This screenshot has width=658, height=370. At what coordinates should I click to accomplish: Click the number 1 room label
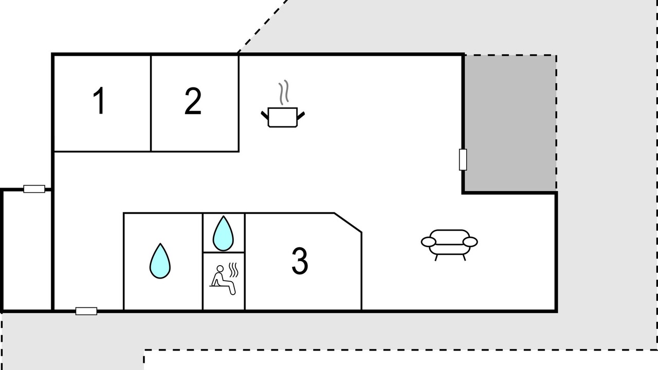pos(99,101)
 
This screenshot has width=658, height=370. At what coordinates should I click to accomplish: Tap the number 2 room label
pos(193,101)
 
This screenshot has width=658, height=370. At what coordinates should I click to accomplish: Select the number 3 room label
pos(300,261)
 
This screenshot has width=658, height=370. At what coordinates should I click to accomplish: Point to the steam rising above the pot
pos(284,92)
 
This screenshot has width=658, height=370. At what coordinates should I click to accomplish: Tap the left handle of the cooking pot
pos(265,116)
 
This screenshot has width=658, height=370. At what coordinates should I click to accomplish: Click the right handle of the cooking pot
pos(301,116)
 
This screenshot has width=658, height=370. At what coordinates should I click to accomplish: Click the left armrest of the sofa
pos(429,242)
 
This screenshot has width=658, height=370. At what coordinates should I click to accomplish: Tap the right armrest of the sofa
pos(470,242)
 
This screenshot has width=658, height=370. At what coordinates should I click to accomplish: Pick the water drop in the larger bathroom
pos(160,261)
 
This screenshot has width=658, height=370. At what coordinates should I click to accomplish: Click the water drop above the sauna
pos(223,234)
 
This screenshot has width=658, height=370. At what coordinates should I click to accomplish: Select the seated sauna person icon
pos(223,280)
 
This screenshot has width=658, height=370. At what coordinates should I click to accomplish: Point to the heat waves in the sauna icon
pos(233,270)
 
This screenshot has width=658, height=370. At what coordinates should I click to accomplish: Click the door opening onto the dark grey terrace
pos(463,159)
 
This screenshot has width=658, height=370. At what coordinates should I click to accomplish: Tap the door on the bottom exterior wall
pos(86,311)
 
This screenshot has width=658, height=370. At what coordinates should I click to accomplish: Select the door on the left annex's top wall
pos(34,189)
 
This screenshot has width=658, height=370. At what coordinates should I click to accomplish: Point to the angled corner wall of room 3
pos(348,223)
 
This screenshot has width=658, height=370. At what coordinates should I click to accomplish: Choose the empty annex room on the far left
pos(27,250)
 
